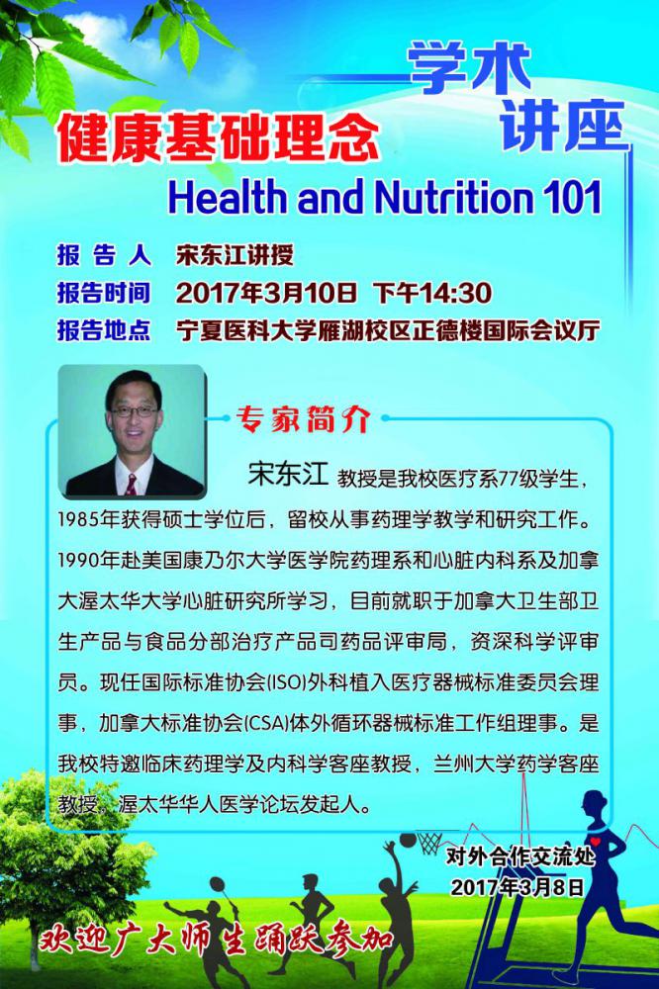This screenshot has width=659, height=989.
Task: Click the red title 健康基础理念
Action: [218, 136]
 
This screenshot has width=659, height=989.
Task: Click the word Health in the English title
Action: [227, 197]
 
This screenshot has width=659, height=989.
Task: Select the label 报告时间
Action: [104, 293]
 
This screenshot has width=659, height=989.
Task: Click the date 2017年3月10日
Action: [266, 293]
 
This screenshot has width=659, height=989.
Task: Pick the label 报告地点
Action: [104, 330]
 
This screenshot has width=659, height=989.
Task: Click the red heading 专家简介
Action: [303, 418]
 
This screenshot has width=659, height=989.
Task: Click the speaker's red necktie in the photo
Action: [132, 485]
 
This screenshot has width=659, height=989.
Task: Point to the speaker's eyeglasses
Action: [134, 411]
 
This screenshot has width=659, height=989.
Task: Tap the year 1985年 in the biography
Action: [88, 519]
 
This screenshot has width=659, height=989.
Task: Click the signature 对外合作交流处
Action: [520, 856]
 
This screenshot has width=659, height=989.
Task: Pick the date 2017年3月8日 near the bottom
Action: [517, 887]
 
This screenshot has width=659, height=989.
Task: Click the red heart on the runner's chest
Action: [595, 842]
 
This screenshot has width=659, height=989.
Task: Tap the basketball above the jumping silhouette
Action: [409, 841]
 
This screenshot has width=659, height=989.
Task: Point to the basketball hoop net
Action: [430, 843]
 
